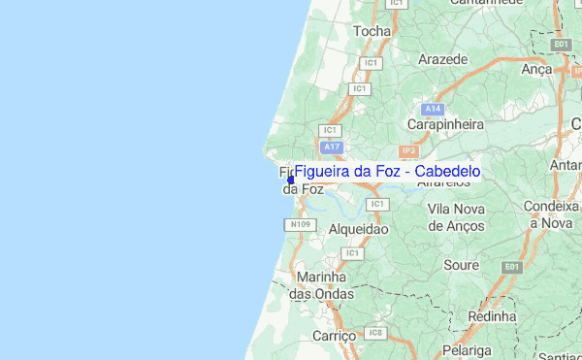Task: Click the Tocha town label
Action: click(372, 31)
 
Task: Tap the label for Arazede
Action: click(443, 59)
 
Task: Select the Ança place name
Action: click(535, 69)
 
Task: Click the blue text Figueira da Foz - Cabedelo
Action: click(387, 172)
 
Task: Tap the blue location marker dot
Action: click(291, 179)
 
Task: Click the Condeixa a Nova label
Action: click(550, 214)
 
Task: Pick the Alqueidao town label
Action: click(358, 230)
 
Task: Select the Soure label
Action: click(461, 265)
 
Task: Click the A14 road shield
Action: click(433, 109)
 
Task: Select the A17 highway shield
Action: click(333, 147)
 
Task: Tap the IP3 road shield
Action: click(408, 151)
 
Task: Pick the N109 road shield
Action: click(299, 225)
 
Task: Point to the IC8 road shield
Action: click(376, 334)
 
